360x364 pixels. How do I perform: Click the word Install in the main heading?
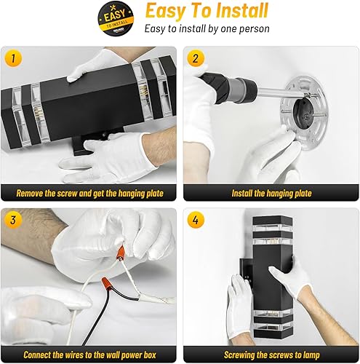click(x=236, y=12)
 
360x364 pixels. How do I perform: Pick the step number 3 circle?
click(x=12, y=218)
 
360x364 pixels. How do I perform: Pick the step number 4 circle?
click(x=193, y=218)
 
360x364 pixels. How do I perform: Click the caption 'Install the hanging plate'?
click(x=270, y=194)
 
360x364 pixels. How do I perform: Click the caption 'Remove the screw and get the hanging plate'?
click(x=89, y=194)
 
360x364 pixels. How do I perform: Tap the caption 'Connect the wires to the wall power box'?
click(x=89, y=355)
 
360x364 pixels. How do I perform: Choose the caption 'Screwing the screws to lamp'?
click(x=270, y=355)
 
